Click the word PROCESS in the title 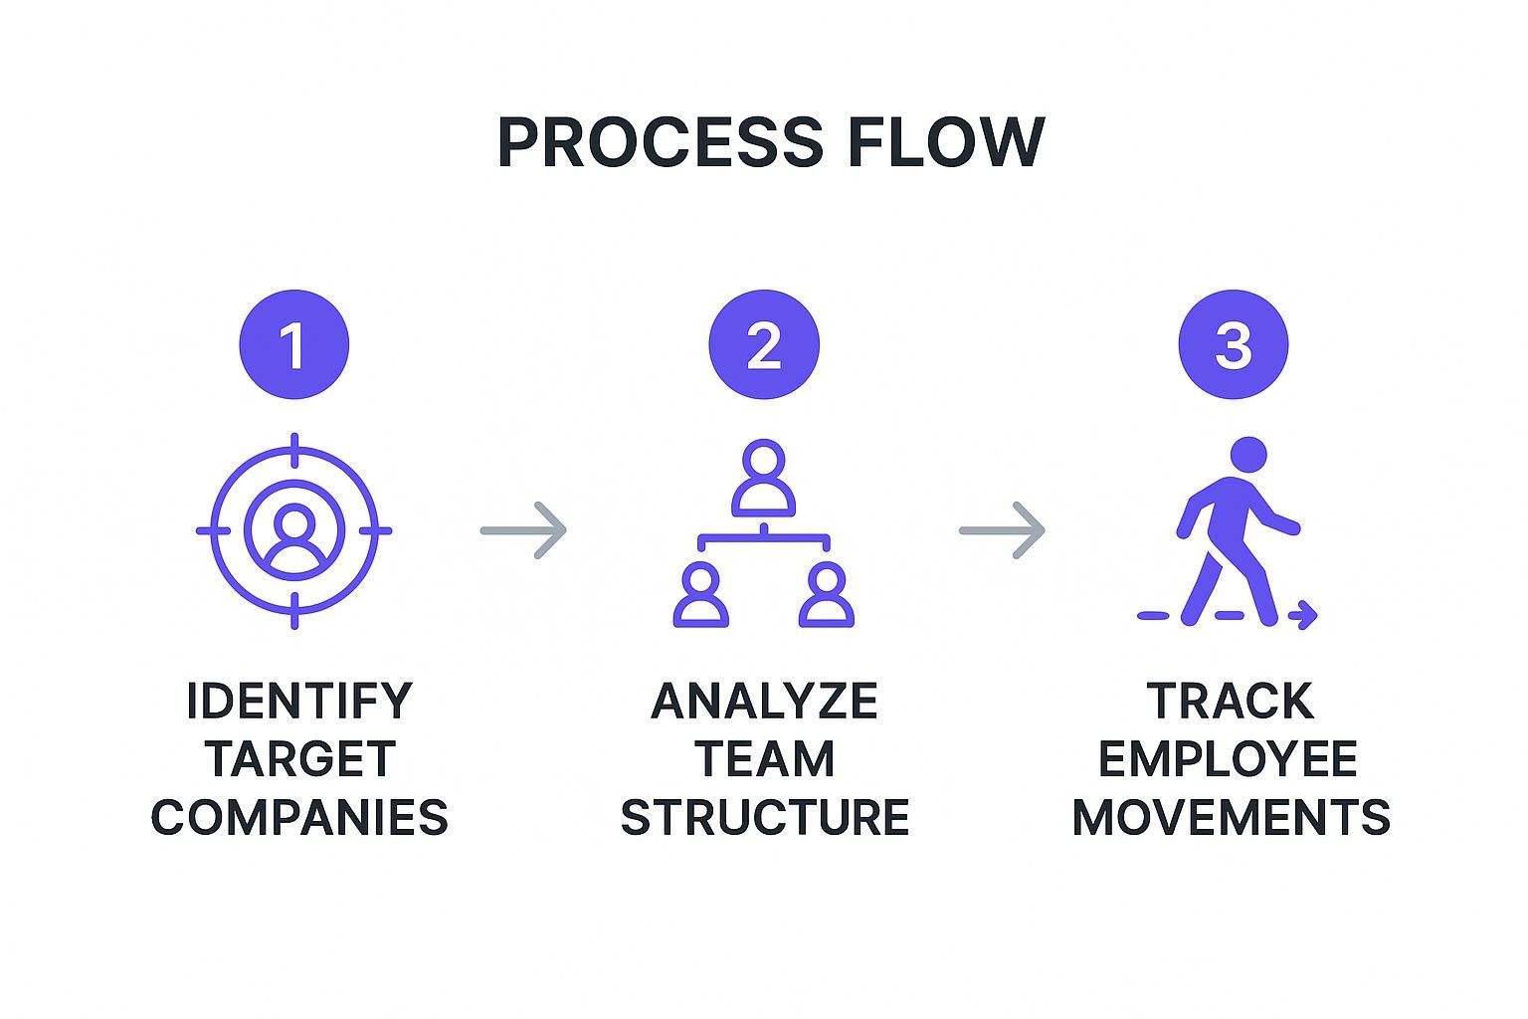click(x=660, y=142)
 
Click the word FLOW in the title click(x=946, y=142)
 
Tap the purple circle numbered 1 click(x=294, y=344)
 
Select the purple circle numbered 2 click(x=763, y=344)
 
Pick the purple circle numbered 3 click(x=1233, y=344)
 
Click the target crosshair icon click(x=294, y=530)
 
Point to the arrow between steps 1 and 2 click(x=523, y=530)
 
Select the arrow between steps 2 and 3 click(x=1002, y=530)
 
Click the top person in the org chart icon click(x=763, y=478)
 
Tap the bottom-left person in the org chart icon click(x=700, y=595)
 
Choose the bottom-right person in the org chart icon click(x=827, y=595)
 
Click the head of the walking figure click(x=1248, y=455)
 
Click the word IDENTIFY click(x=298, y=702)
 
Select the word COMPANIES click(x=299, y=817)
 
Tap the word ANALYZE click(x=764, y=702)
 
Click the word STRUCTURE click(x=764, y=817)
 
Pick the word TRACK click(x=1231, y=702)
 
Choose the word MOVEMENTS click(x=1231, y=817)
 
